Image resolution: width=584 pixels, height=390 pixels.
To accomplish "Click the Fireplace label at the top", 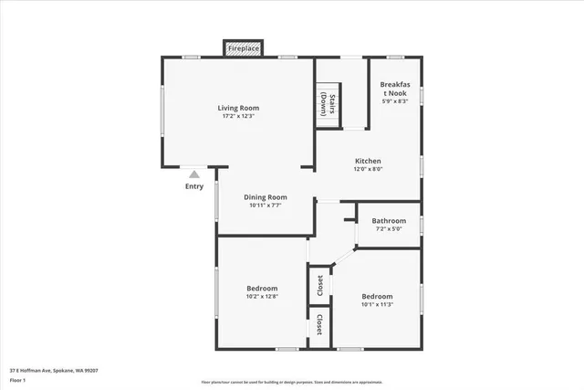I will click(x=243, y=47).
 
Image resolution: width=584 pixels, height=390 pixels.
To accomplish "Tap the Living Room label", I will click(x=237, y=108).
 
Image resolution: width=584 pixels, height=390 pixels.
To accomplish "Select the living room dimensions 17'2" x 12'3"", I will click(x=237, y=116).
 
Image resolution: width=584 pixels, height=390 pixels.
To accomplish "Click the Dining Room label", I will click(x=266, y=196).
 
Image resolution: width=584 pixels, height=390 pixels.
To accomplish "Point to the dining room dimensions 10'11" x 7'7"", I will click(x=266, y=205).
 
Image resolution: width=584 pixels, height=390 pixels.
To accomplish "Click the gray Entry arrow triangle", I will click(x=193, y=174).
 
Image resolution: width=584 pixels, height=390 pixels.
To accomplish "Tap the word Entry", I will click(x=193, y=186).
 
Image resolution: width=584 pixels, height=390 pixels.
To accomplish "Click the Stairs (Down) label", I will click(x=333, y=103).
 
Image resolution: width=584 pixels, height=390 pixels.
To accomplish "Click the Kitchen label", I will click(x=368, y=161).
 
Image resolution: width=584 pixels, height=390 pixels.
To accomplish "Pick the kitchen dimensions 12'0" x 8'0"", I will click(x=368, y=169).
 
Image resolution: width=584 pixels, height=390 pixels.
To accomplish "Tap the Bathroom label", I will click(x=389, y=220).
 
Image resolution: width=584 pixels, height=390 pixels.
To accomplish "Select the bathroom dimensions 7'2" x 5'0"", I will click(x=389, y=228).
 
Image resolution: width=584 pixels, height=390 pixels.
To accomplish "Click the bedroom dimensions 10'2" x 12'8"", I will click(x=261, y=296).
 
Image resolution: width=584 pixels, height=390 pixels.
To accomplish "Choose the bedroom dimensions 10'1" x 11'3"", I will click(x=377, y=305).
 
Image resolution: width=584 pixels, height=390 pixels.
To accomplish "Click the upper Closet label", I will click(x=319, y=286).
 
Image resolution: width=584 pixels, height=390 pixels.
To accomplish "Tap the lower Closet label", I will click(x=319, y=325).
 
